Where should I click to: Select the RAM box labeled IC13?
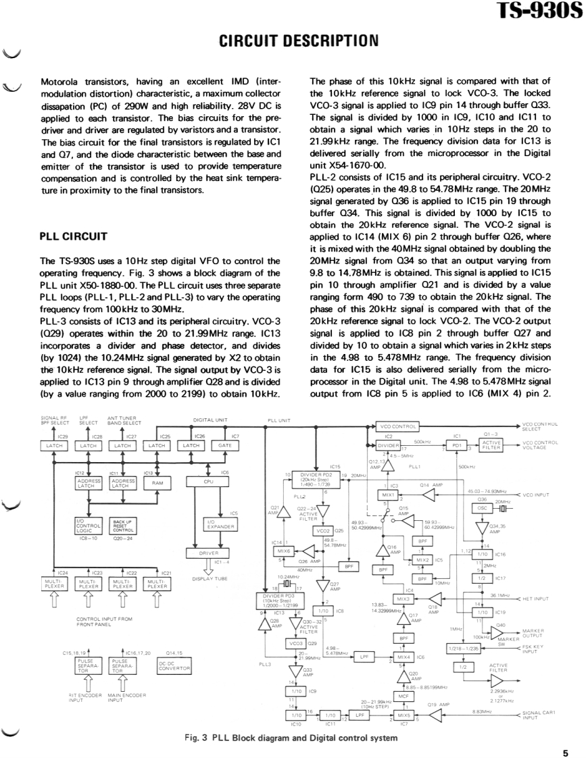coord(157,482)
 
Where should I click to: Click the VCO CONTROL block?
coord(397,427)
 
